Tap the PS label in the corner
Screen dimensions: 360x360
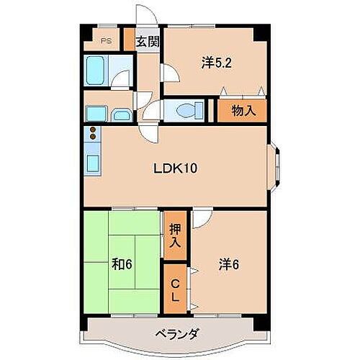click(106, 41)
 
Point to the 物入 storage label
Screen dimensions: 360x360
click(241, 110)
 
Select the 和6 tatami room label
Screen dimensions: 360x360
click(120, 264)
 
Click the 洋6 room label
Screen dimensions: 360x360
click(228, 264)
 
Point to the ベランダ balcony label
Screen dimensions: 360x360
click(176, 333)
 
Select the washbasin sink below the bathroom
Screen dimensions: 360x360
click(121, 114)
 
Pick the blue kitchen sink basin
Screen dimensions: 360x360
click(93, 163)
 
